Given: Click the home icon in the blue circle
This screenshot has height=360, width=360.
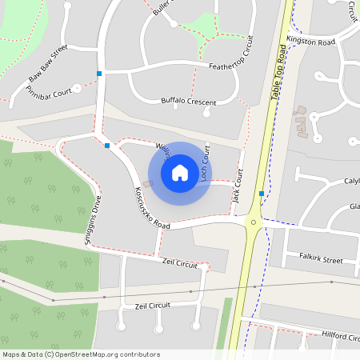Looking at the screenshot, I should [x=180, y=173].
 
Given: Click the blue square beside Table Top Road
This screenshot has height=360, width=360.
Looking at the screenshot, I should [x=262, y=194].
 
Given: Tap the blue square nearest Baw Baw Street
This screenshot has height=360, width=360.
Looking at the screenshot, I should [x=99, y=74].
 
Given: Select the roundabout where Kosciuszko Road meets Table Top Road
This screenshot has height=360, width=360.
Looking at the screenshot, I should [x=254, y=222].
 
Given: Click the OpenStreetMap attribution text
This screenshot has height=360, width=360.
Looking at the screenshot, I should [x=81, y=354].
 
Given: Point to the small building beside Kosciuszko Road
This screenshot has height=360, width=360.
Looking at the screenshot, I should [x=147, y=186].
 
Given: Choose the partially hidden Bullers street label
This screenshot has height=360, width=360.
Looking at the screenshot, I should [x=162, y=9].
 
